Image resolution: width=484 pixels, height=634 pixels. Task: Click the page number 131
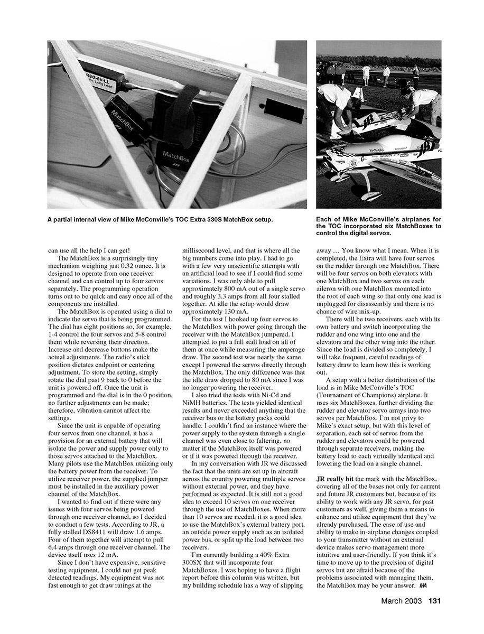[x=434, y=600]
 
